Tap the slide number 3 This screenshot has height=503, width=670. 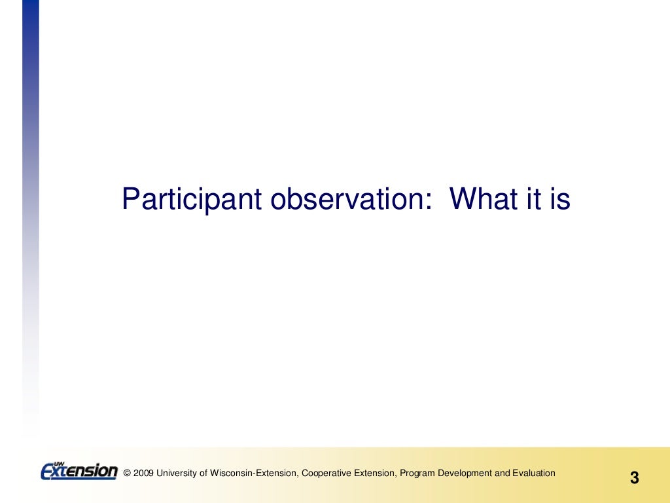click(x=634, y=478)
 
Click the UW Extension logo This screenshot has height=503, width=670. click(x=79, y=471)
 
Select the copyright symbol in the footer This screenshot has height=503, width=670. click(x=127, y=474)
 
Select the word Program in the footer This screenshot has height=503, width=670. click(x=417, y=474)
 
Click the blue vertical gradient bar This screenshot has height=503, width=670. click(x=30, y=196)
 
